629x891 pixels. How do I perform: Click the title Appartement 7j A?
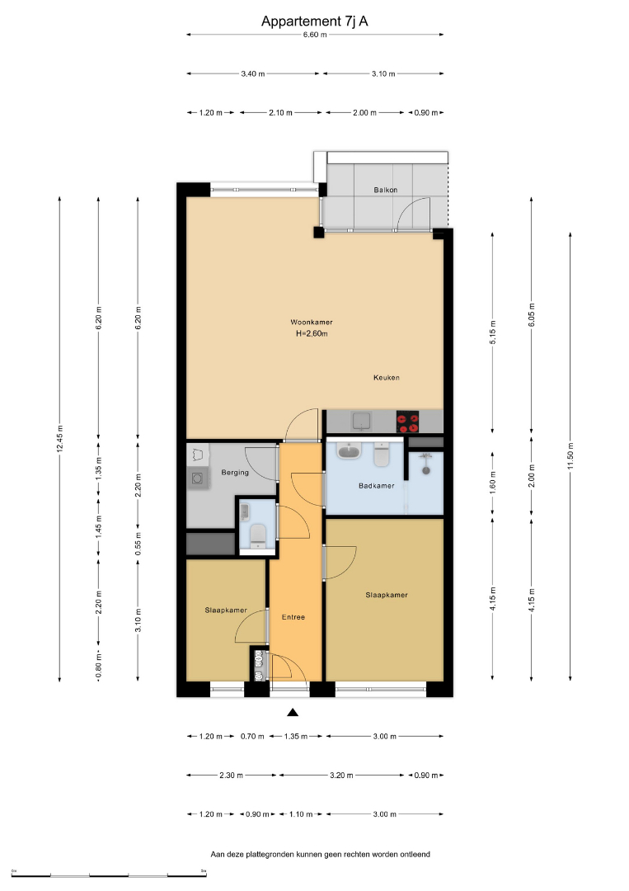coord(315,21)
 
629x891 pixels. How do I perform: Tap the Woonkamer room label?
coord(312,323)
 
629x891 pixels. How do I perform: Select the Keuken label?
coord(387,377)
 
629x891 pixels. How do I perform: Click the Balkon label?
coord(386,190)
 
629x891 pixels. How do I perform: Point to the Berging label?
coord(235,472)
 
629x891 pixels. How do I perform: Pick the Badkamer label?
coord(377,486)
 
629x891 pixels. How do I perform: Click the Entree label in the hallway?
coord(293,617)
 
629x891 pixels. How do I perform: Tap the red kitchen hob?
coord(407,422)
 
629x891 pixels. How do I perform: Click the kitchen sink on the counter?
coord(362,421)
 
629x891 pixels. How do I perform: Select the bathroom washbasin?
coord(349,451)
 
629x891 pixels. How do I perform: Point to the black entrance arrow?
coord(293,712)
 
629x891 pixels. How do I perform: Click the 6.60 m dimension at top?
coord(315,35)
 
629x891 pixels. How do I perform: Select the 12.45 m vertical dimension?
coord(59,439)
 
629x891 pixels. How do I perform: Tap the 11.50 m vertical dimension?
coord(570,455)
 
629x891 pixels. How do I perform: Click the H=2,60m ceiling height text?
coord(312,333)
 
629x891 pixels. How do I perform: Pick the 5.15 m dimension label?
coord(493,332)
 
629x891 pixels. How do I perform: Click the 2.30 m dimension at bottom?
coord(231,775)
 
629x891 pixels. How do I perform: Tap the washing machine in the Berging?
coord(198,479)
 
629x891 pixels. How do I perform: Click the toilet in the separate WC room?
coord(258,534)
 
